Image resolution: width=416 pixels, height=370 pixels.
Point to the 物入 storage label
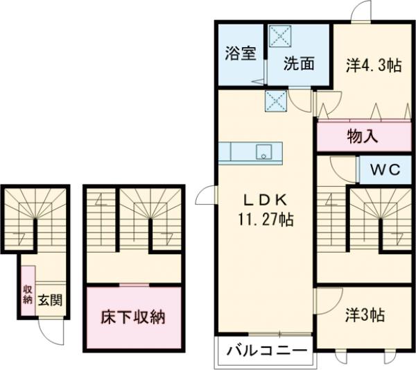pos(362,136)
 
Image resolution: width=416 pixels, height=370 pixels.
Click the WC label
pos(384,170)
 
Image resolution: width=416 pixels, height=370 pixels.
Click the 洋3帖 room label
pos(365,314)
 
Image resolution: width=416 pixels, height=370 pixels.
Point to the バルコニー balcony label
pos(267,351)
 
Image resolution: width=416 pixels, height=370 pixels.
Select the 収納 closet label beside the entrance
pos(28,295)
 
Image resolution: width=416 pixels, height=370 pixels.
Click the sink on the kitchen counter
pos(263,152)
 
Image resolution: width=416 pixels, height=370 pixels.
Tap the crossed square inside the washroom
pos(280,35)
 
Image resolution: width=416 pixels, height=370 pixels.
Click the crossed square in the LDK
pos(275,101)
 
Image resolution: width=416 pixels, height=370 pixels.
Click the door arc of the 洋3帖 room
pos(324,300)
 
